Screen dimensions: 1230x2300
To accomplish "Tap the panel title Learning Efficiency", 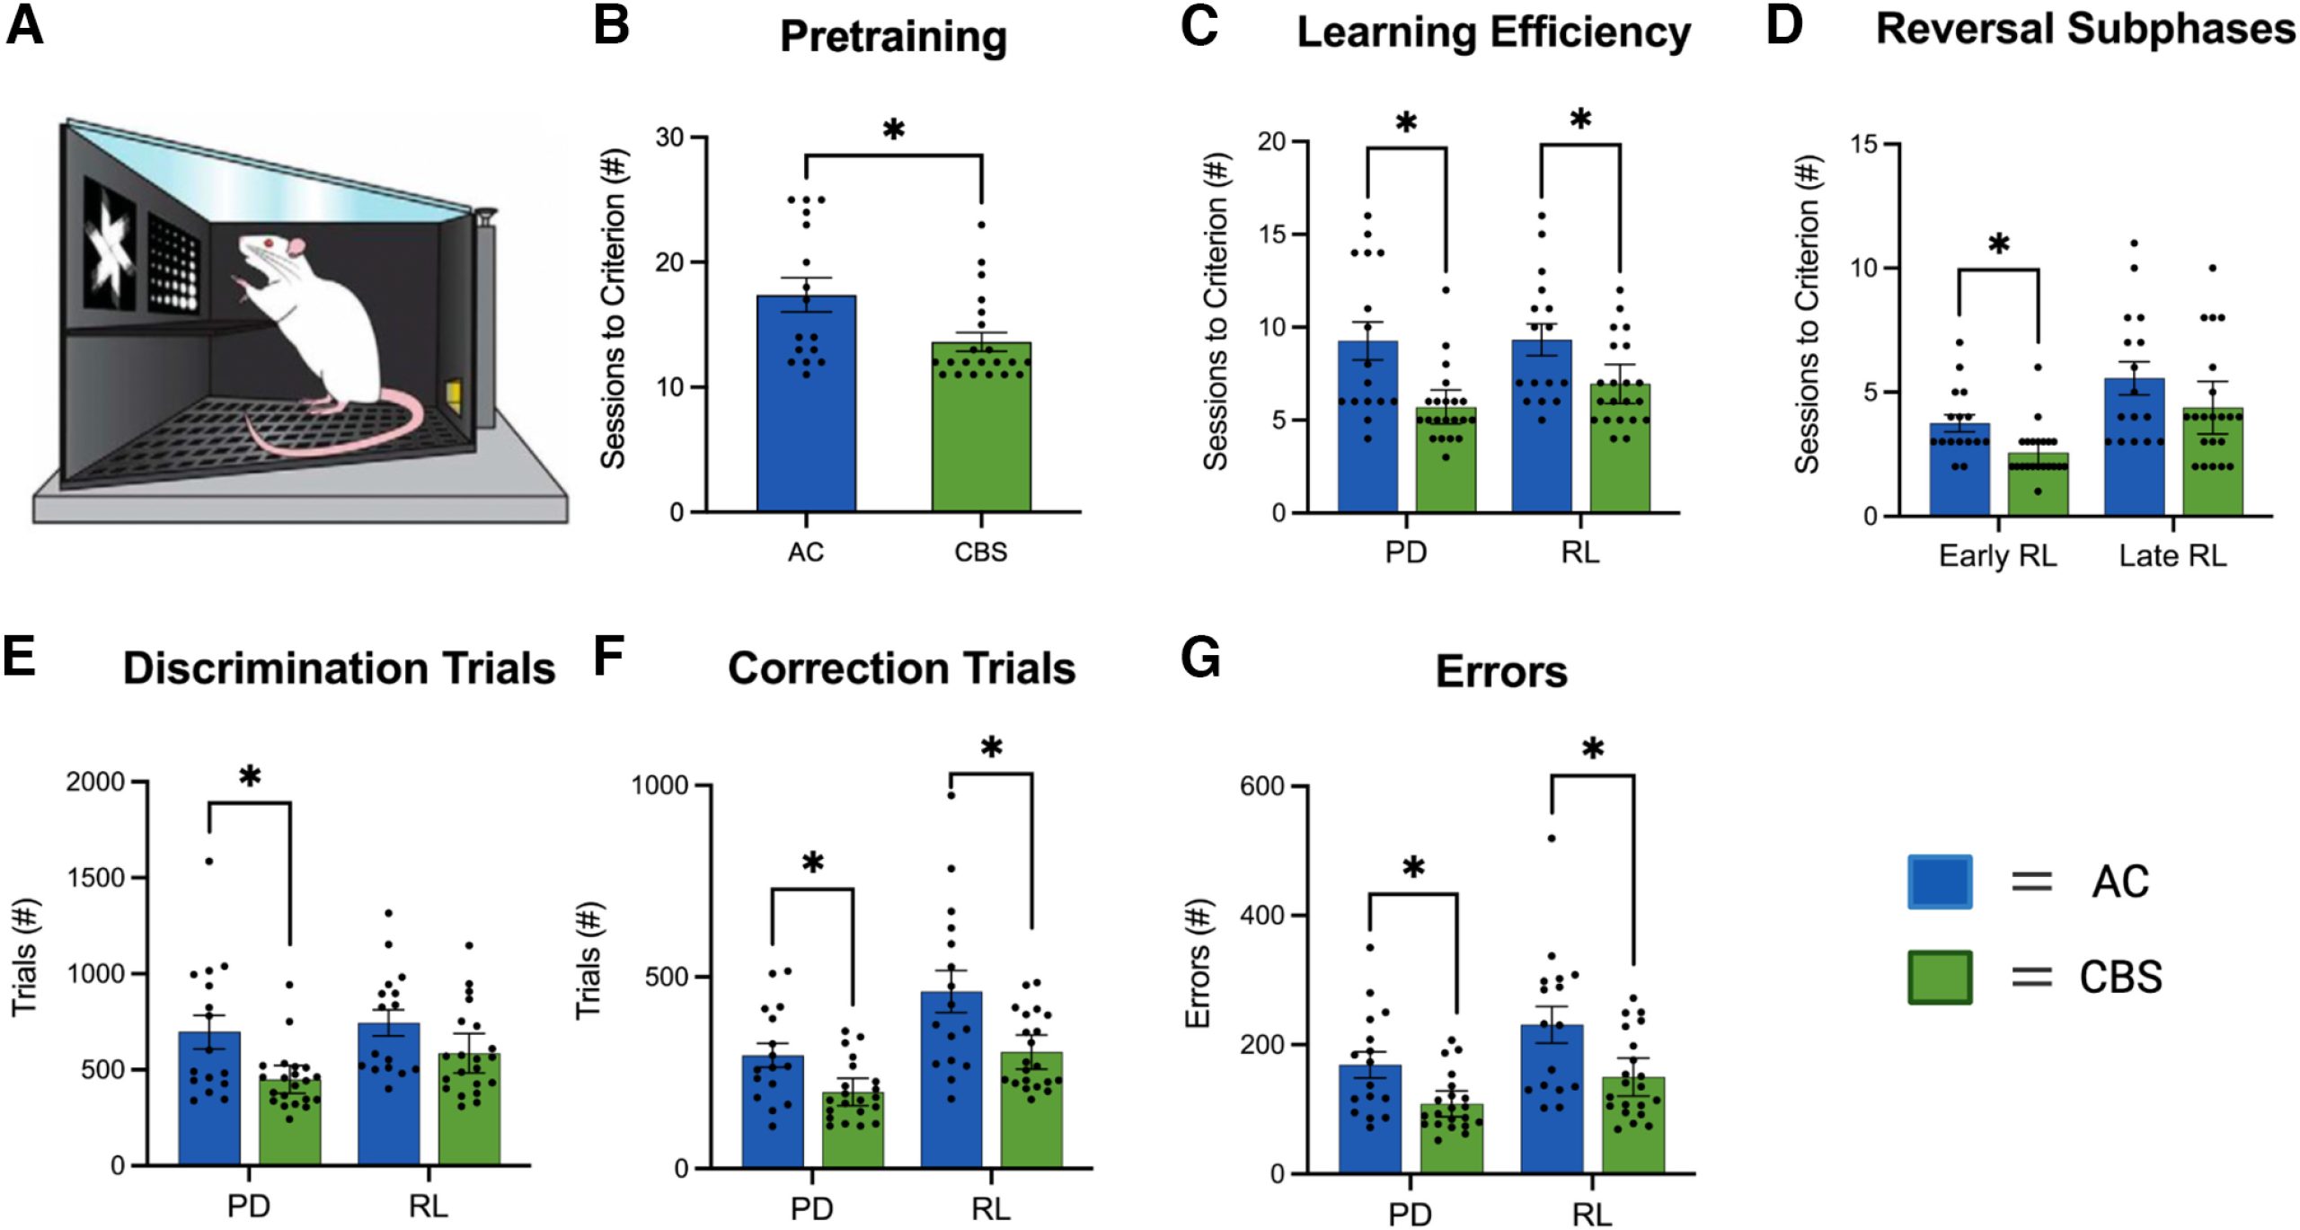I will click(1493, 33).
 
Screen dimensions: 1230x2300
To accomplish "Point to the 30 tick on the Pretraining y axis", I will click(669, 137).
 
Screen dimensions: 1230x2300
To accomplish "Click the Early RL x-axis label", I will click(1997, 555).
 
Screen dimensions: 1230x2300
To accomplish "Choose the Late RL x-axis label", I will click(2172, 555).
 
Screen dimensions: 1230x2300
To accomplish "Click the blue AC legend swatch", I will click(1940, 881).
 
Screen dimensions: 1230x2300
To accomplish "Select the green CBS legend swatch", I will click(1940, 977).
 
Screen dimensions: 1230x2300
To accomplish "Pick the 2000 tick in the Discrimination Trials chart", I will click(95, 782).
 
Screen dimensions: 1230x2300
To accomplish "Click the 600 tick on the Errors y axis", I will click(1261, 786).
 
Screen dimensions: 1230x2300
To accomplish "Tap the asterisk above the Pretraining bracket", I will click(893, 131).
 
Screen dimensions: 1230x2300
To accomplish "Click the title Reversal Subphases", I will click(2084, 30).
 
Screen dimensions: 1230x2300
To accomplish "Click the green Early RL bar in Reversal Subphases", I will click(2038, 484).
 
